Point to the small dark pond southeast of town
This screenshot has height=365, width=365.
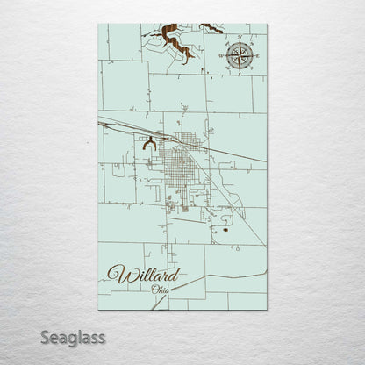225,230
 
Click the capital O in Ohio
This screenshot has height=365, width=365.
154,290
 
